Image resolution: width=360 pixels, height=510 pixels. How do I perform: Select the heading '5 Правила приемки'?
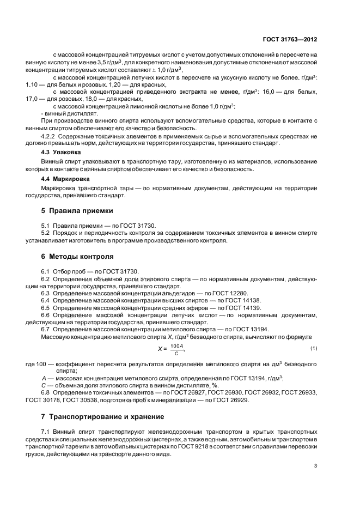click(77, 211)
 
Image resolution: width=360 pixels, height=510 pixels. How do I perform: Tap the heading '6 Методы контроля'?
click(77, 256)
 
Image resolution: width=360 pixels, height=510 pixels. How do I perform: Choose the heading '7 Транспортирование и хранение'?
click(103, 417)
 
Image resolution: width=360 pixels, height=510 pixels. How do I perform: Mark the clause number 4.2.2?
click(50, 135)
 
